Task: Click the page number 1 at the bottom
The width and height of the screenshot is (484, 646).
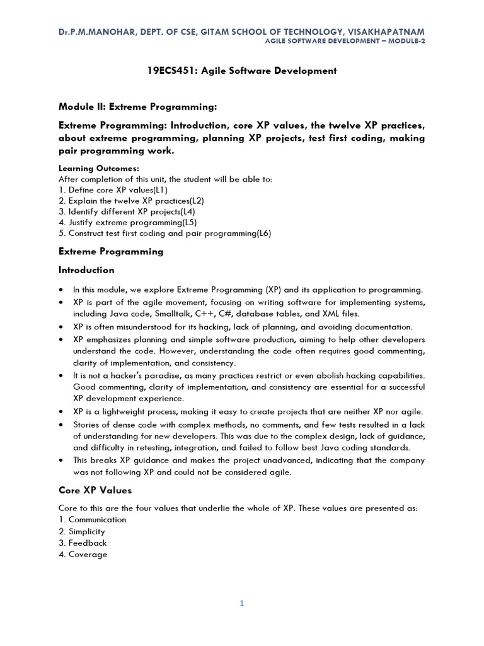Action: (241, 603)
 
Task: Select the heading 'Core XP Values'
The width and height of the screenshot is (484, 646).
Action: (95, 490)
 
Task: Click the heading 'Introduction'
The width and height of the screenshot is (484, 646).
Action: (86, 270)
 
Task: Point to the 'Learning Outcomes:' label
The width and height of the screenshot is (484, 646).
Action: (99, 168)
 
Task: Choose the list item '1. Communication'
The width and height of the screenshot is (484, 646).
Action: (92, 519)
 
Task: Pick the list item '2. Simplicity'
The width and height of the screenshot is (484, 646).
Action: (81, 531)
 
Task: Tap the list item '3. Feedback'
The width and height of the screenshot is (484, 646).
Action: (83, 543)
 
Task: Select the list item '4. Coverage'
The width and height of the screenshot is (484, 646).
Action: (83, 555)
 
